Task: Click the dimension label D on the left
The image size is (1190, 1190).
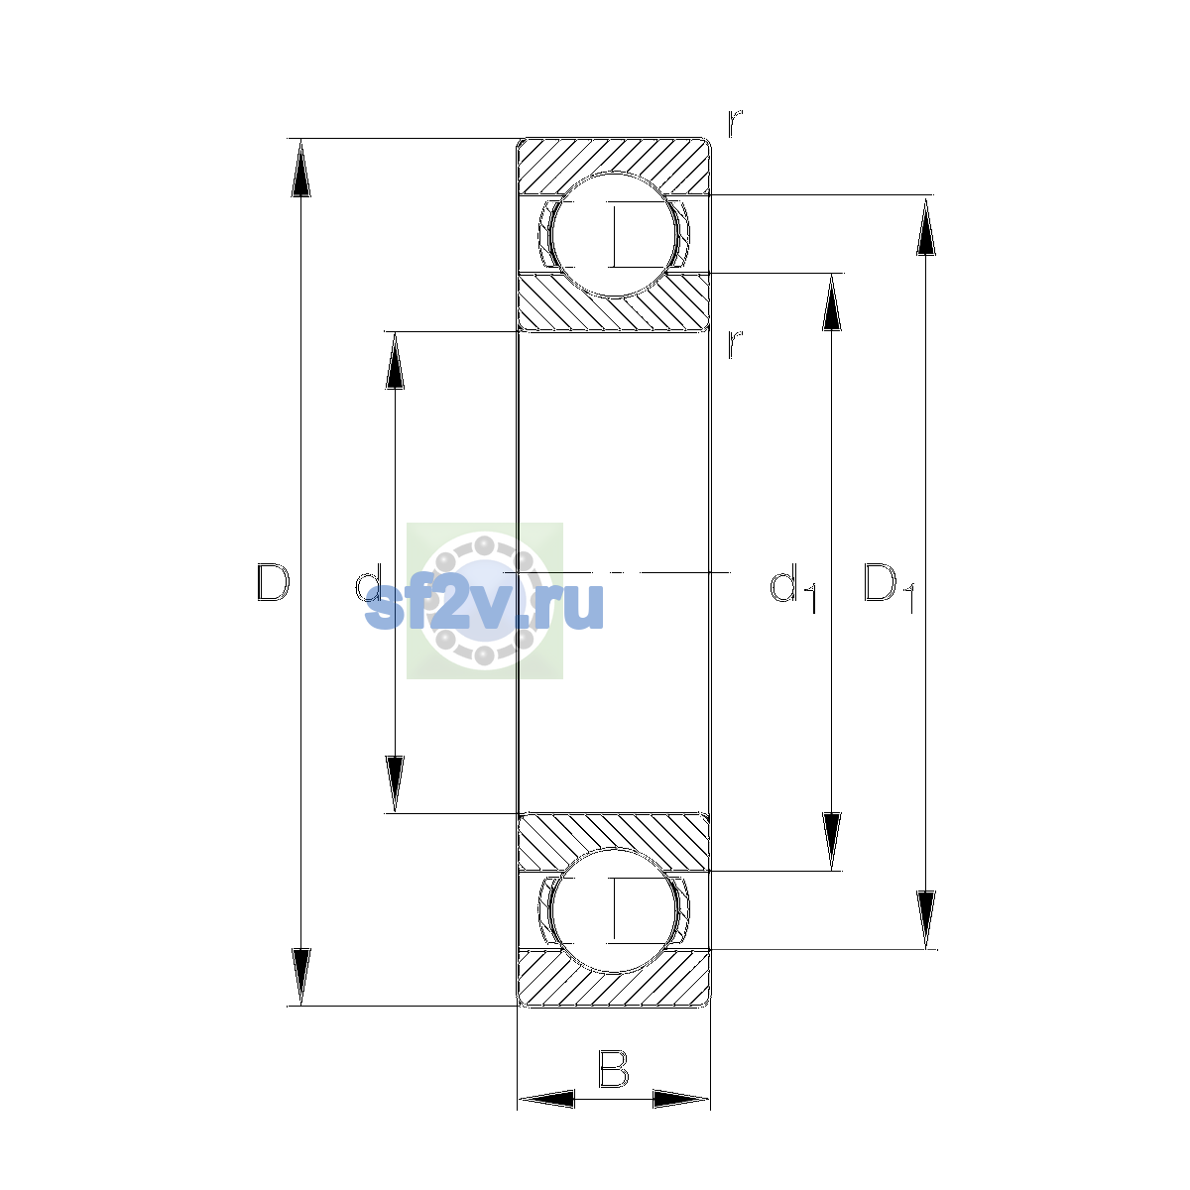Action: click(x=273, y=582)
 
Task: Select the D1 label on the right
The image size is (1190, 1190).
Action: click(x=889, y=587)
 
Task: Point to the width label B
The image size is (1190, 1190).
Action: click(x=613, y=1068)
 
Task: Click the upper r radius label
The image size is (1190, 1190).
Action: click(x=734, y=124)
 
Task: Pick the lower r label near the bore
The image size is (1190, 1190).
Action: click(x=734, y=344)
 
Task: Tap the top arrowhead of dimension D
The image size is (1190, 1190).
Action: click(x=300, y=168)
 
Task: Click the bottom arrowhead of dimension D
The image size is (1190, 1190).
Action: click(x=300, y=977)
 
